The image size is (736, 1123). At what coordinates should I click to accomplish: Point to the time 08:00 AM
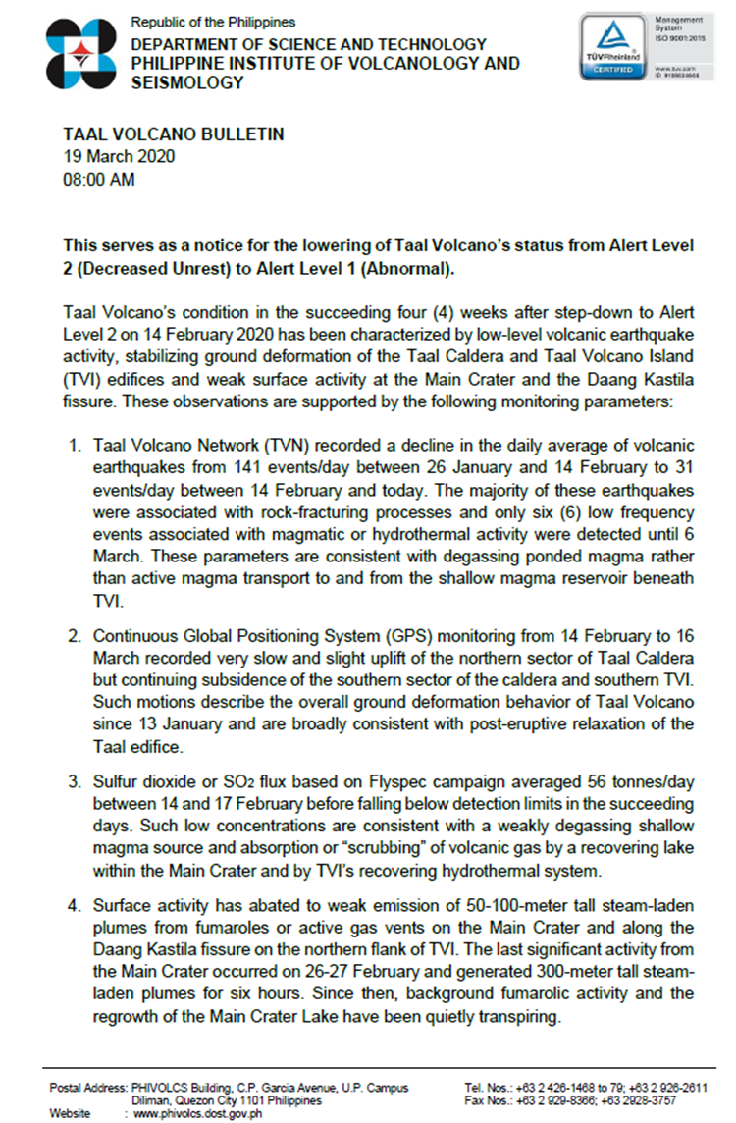(x=98, y=180)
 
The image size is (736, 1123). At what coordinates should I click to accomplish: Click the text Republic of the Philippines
(x=213, y=22)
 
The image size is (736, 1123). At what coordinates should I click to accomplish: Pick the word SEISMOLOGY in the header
(x=187, y=83)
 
